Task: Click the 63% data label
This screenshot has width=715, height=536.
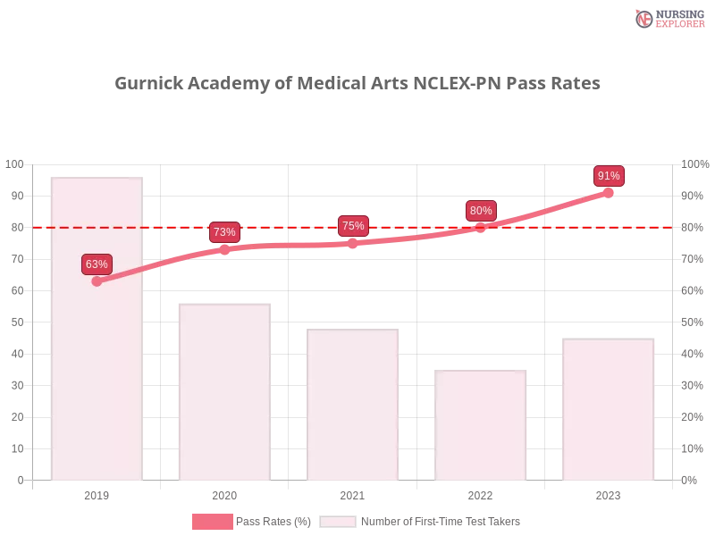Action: click(97, 264)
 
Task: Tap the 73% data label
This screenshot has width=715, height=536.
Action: click(224, 232)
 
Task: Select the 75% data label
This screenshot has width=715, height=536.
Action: click(353, 226)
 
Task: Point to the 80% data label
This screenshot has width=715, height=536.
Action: click(481, 211)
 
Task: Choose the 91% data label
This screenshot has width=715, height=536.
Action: click(610, 176)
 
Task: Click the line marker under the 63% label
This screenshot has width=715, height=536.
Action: click(97, 281)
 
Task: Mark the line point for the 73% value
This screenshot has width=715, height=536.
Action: click(224, 249)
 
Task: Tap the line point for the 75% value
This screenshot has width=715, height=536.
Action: click(353, 243)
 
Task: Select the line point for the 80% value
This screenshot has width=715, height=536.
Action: click(481, 228)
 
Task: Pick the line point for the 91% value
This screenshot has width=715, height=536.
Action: click(610, 191)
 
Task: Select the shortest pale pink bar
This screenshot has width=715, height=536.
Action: click(479, 425)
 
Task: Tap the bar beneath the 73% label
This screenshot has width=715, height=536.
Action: click(224, 393)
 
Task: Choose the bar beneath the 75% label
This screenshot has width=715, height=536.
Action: click(350, 406)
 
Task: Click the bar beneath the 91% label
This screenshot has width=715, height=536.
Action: click(608, 411)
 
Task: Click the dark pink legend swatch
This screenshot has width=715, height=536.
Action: click(213, 522)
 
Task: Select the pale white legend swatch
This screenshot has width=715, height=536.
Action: click(338, 522)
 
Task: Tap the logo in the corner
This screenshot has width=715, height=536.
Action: click(668, 18)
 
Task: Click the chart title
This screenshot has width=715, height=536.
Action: click(357, 83)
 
